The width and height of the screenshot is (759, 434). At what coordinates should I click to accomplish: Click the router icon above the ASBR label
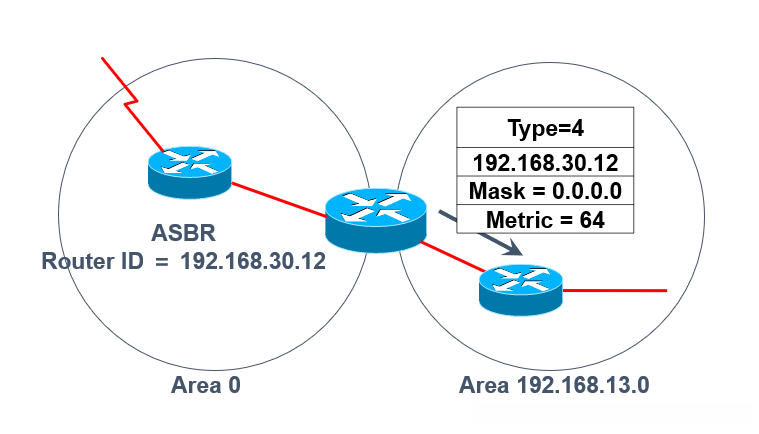pyautogui.click(x=190, y=172)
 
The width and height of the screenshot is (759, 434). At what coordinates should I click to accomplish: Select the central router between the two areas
pyautogui.click(x=376, y=220)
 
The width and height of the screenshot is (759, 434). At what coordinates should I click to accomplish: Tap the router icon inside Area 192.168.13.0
pyautogui.click(x=521, y=290)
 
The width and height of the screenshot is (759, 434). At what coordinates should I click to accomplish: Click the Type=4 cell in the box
pyautogui.click(x=545, y=128)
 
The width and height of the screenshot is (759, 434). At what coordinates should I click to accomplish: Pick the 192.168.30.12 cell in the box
pyautogui.click(x=545, y=162)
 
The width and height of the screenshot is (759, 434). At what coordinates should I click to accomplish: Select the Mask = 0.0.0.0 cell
pyautogui.click(x=545, y=191)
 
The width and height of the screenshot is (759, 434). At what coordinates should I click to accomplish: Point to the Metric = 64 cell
pyautogui.click(x=545, y=219)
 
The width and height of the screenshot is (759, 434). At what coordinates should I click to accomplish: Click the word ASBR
pyautogui.click(x=183, y=233)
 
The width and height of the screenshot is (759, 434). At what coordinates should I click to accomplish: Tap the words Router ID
pyautogui.click(x=92, y=261)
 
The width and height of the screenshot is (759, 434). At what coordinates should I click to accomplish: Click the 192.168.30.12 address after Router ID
pyautogui.click(x=253, y=261)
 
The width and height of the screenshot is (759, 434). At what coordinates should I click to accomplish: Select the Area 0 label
pyautogui.click(x=206, y=385)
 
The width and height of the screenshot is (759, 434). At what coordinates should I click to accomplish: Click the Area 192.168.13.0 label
pyautogui.click(x=554, y=385)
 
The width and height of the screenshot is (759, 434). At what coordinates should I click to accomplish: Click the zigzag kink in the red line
pyautogui.click(x=131, y=101)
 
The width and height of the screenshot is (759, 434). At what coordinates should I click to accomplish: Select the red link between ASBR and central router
pyautogui.click(x=279, y=199)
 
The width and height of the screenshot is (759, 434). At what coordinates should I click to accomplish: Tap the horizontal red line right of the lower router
pyautogui.click(x=615, y=290)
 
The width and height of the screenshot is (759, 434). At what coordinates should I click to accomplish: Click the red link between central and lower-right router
pyautogui.click(x=453, y=256)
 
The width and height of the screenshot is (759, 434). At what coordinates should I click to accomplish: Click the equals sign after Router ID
pyautogui.click(x=162, y=262)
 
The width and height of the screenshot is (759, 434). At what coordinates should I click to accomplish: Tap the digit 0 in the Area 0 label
pyautogui.click(x=234, y=385)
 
